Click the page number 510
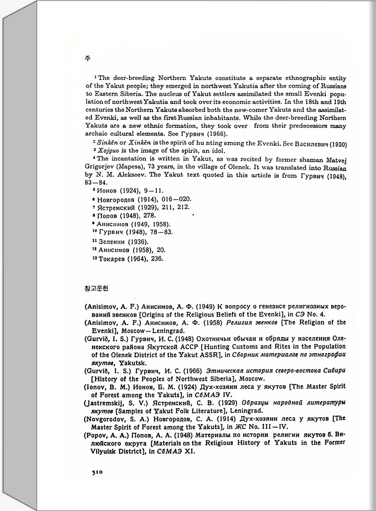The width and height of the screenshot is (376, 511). [97, 472]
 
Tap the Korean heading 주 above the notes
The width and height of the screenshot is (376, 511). [88, 59]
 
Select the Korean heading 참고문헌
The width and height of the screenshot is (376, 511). [96, 288]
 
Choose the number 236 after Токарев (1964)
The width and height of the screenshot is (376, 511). [157, 259]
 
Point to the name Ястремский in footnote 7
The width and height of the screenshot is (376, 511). [116, 208]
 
